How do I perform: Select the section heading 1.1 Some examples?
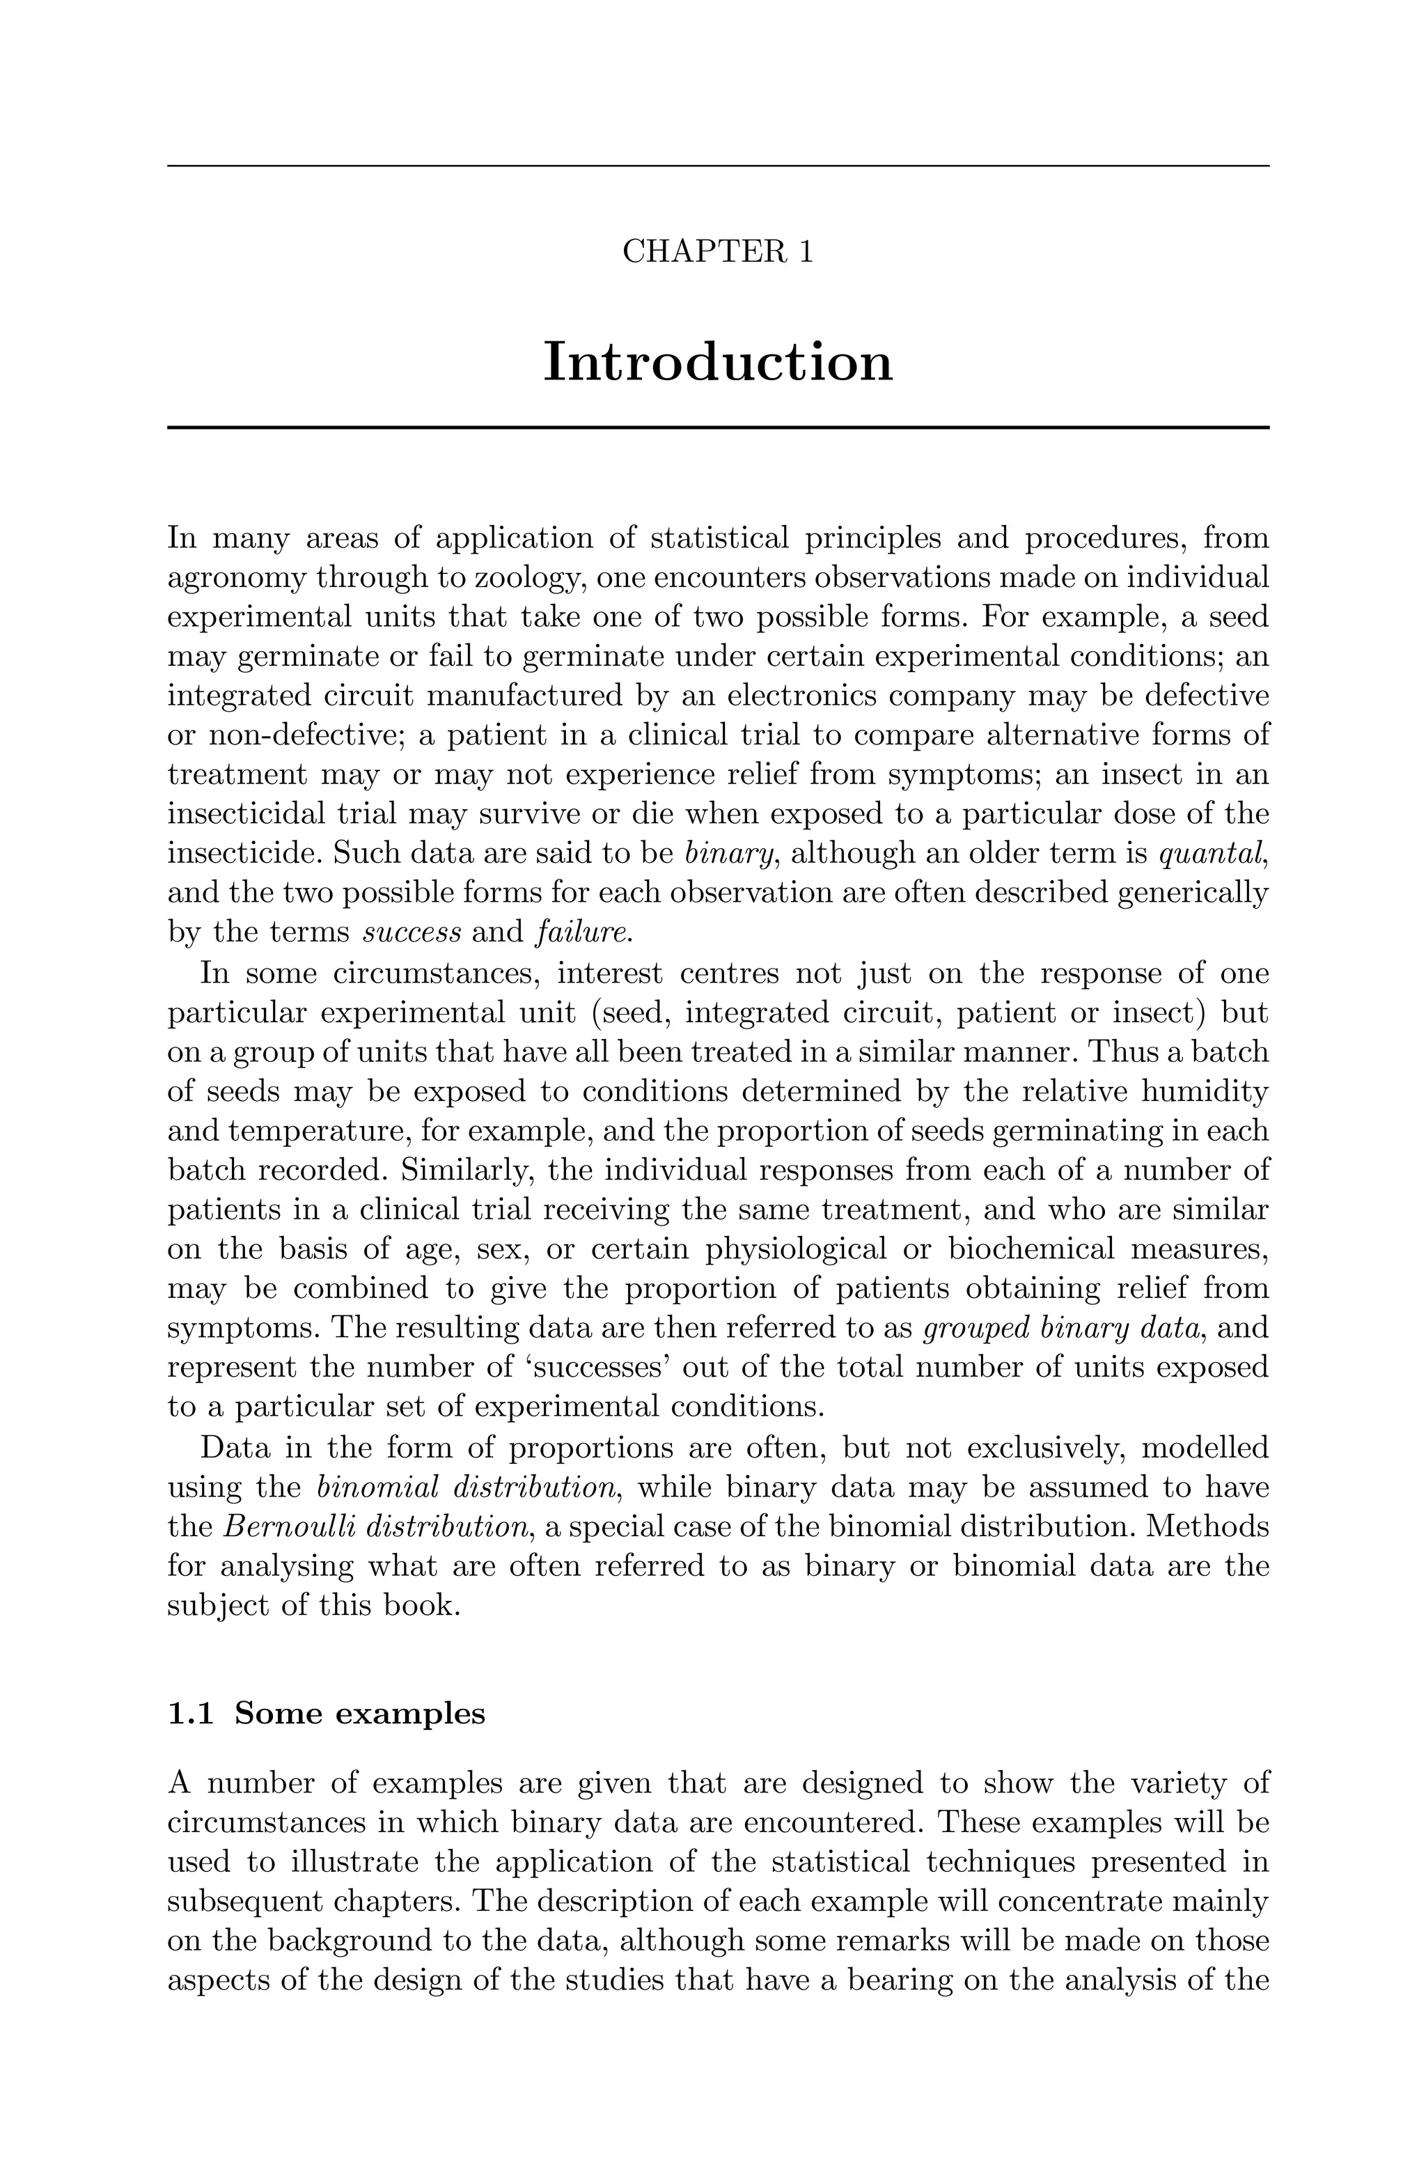coord(327,1713)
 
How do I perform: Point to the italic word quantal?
coord(1212,853)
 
